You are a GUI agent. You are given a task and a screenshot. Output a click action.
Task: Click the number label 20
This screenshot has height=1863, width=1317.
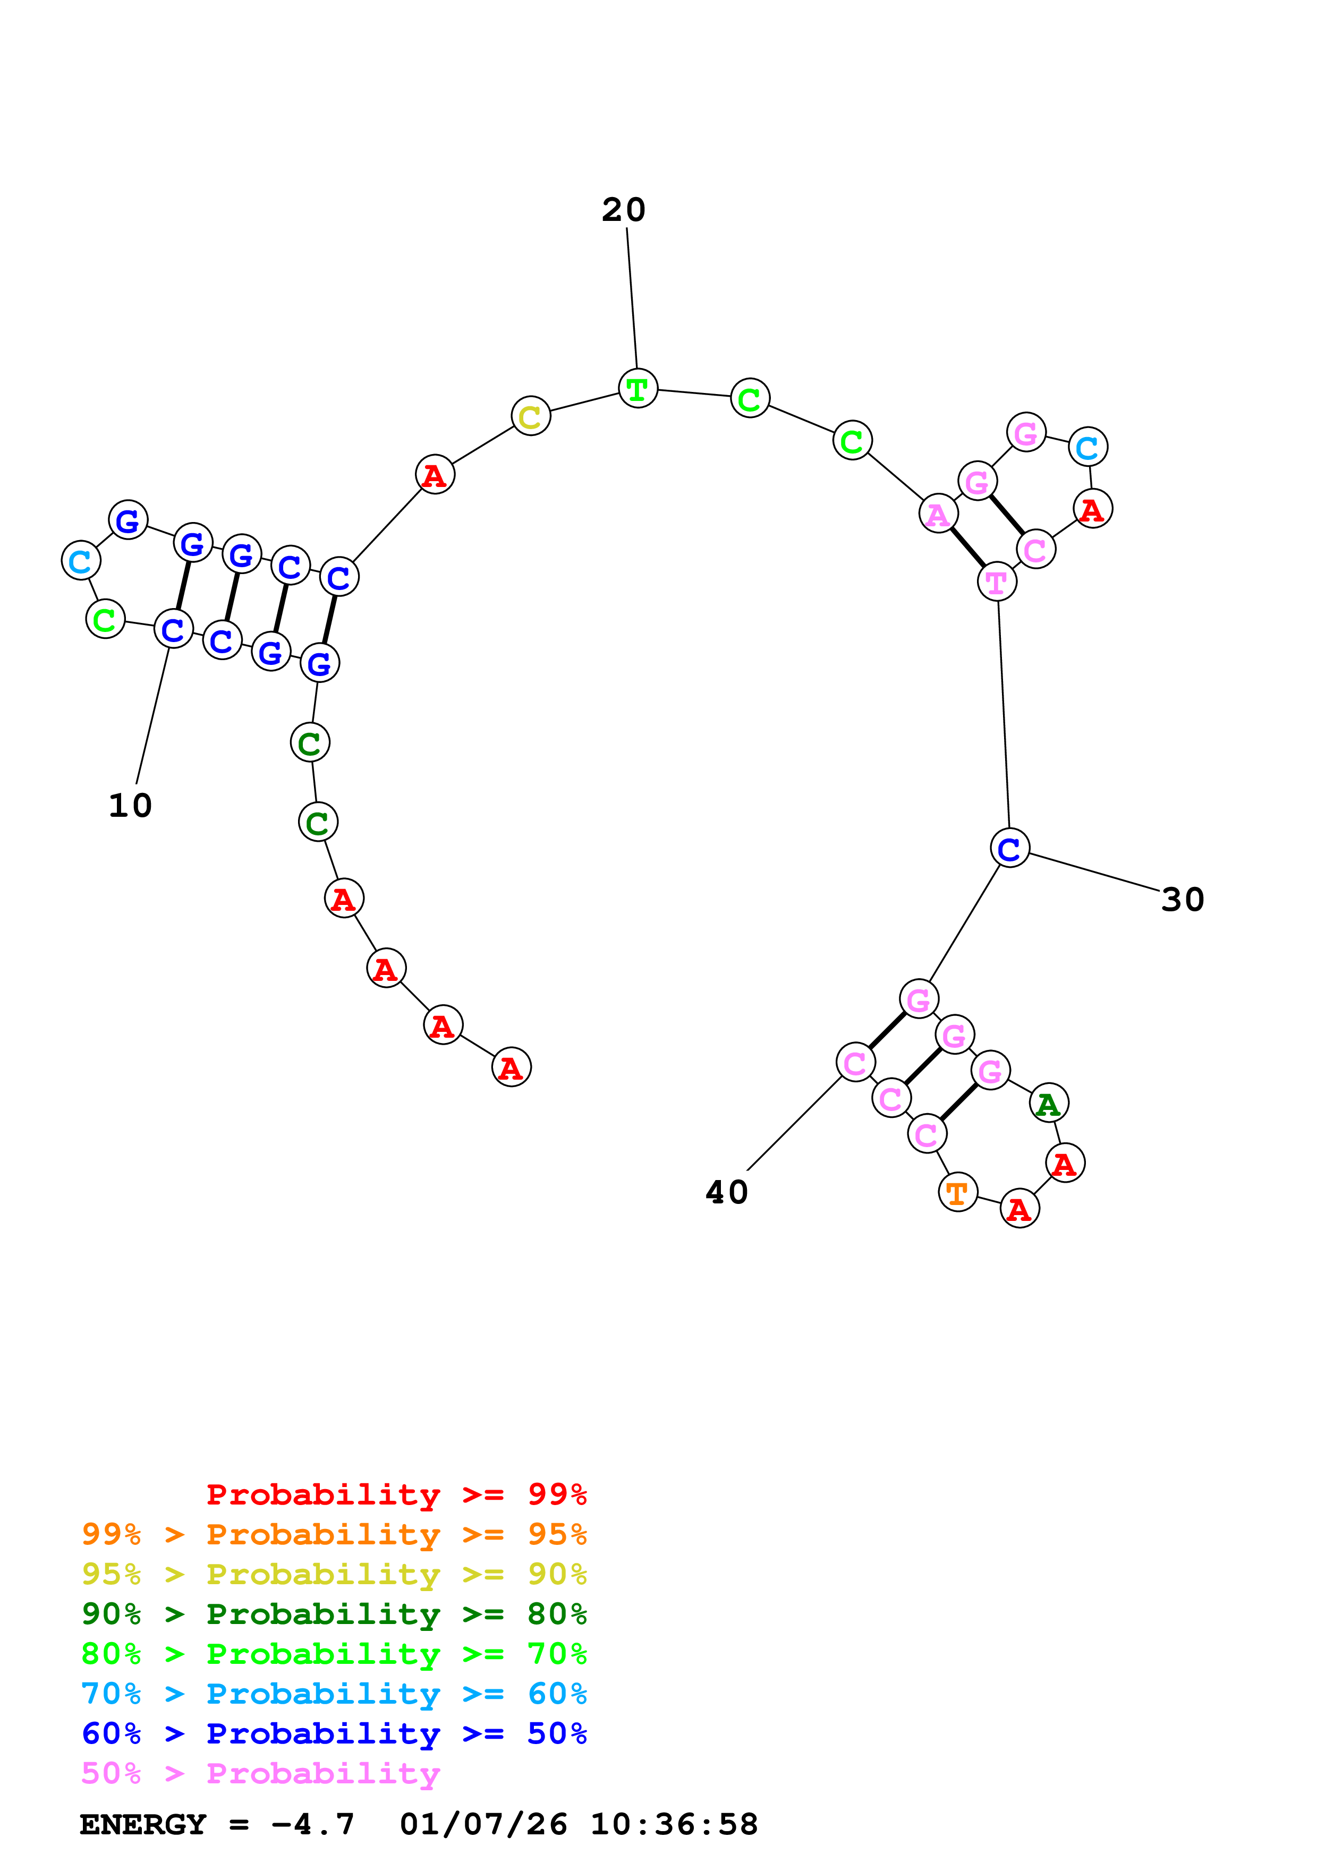pos(623,210)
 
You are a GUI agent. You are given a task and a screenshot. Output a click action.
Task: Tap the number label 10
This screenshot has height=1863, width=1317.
pos(130,806)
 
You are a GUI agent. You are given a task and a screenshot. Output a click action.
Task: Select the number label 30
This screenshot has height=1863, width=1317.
pos(1182,900)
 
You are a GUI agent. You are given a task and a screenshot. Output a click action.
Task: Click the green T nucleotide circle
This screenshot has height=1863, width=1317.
pos(638,389)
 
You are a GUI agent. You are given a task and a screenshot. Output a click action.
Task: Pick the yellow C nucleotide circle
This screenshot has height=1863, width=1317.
pos(531,416)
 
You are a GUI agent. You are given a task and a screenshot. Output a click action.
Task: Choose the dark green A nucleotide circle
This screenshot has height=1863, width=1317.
pos(1048,1104)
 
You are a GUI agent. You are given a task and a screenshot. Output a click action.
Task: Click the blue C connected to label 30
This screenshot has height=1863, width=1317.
pos(1009,848)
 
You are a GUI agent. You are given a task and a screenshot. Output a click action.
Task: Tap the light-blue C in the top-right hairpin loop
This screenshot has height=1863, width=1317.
pos(1087,447)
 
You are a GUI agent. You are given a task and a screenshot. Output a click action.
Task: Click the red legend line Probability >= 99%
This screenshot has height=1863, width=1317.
pos(396,1494)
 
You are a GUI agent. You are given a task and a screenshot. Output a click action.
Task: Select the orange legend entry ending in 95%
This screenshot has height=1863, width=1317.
pos(334,1534)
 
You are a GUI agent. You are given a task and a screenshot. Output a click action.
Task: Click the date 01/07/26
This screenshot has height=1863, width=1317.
pos(483,1824)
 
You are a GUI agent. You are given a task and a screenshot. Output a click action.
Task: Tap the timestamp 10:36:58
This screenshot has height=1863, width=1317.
pos(674,1824)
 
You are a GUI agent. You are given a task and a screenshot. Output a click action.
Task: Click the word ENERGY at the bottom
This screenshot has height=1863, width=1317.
pos(143,1824)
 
